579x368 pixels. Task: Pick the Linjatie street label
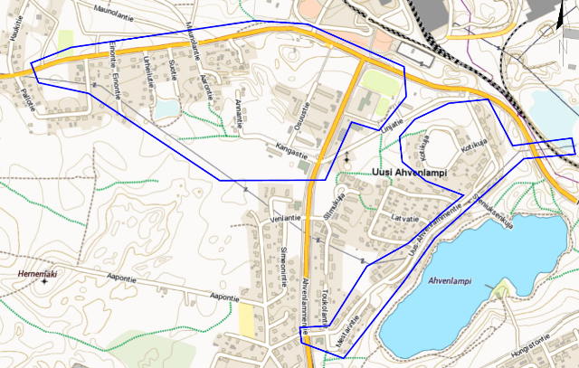tap(391, 124)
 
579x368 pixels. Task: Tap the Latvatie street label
tap(403, 218)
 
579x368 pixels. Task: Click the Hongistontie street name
tap(532, 340)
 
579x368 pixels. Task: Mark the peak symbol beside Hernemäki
tap(45, 281)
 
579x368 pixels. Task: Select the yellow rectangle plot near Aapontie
tap(246, 319)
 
